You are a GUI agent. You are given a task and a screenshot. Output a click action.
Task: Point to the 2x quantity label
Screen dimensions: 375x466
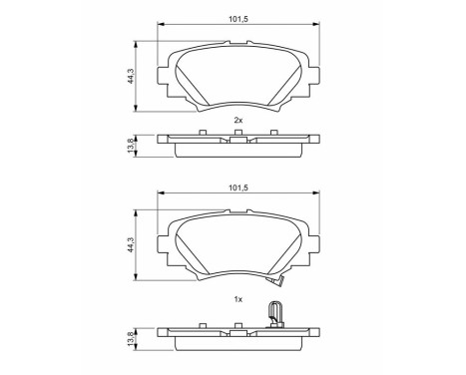(237, 120)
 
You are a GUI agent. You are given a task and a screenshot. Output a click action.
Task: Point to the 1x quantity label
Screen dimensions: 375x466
(237, 299)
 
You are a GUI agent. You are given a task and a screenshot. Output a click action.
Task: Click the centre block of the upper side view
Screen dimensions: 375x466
(237, 141)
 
